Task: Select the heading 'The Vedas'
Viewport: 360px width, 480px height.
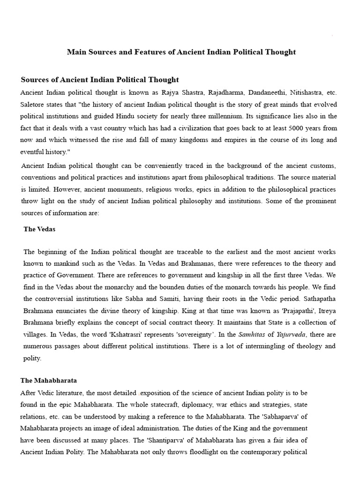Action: coord(39,229)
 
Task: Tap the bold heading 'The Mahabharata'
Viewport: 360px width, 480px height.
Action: coord(49,380)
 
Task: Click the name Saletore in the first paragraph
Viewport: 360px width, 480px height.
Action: coord(33,104)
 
